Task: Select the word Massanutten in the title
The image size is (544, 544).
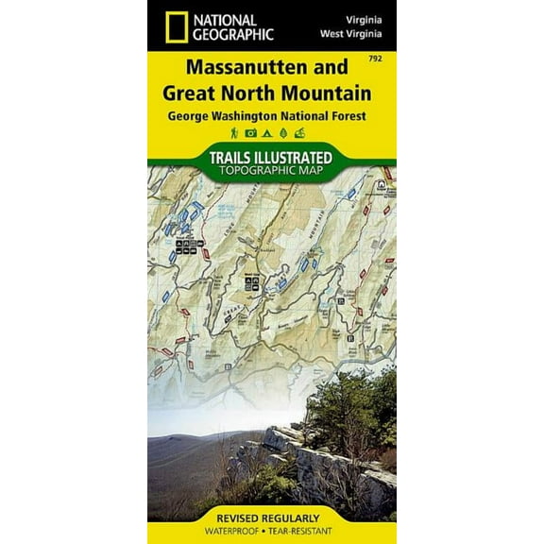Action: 221,72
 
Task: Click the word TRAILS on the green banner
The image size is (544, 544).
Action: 235,157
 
